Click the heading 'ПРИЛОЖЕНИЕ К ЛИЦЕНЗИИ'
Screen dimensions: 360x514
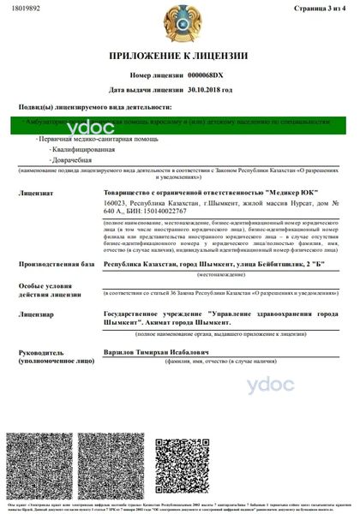click(178, 57)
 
